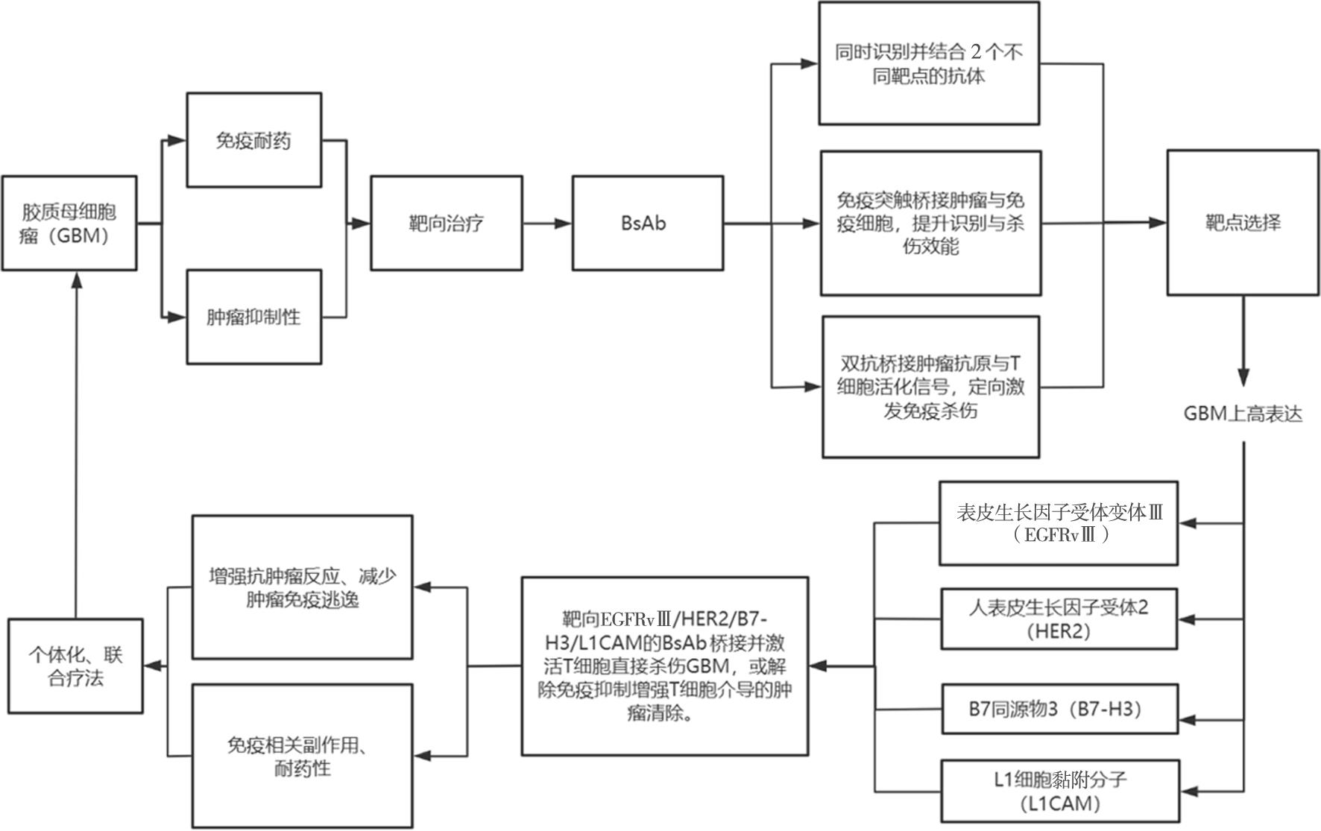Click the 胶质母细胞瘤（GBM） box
click(x=69, y=223)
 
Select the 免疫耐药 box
click(x=253, y=140)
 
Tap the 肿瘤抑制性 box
click(x=253, y=317)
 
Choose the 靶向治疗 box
click(x=446, y=223)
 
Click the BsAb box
click(x=647, y=223)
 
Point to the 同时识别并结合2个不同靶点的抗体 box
click(x=929, y=63)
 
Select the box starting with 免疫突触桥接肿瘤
click(x=930, y=223)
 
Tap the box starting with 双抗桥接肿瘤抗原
click(x=930, y=386)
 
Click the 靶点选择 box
click(x=1242, y=222)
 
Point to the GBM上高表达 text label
click(x=1243, y=414)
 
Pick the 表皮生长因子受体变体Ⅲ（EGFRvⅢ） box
click(x=1059, y=523)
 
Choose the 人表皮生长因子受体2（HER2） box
click(x=1059, y=619)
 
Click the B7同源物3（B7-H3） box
click(x=1059, y=709)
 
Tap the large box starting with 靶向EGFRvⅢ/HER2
click(x=664, y=666)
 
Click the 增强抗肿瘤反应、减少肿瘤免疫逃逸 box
click(x=302, y=587)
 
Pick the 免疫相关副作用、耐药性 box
click(x=302, y=756)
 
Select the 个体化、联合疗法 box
click(x=75, y=666)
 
